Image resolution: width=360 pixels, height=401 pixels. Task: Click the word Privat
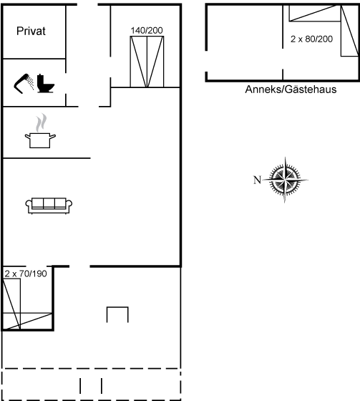(x=31, y=32)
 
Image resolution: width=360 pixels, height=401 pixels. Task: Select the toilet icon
(x=46, y=83)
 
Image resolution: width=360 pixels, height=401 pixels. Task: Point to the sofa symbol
(x=49, y=206)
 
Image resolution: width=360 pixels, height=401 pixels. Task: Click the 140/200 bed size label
(x=147, y=30)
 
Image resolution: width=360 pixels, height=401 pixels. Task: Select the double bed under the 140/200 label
(x=147, y=62)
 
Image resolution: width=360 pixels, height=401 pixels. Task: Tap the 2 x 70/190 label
(x=26, y=274)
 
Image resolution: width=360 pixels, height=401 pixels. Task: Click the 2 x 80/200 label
(x=311, y=39)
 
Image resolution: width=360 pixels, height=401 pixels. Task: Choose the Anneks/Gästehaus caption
(x=291, y=90)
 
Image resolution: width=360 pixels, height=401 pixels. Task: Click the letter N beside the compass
(x=257, y=180)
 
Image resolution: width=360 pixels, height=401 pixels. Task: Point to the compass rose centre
(x=285, y=180)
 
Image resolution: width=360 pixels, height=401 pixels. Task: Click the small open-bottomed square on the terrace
(x=117, y=307)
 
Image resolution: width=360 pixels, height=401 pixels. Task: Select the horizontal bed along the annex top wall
(x=315, y=14)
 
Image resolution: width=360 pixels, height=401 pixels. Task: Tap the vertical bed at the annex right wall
(x=350, y=31)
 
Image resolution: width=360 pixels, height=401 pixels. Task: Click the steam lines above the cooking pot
(x=42, y=122)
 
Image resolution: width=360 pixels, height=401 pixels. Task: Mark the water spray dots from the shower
(x=31, y=82)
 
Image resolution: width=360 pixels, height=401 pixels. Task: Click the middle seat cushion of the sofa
(x=49, y=203)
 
